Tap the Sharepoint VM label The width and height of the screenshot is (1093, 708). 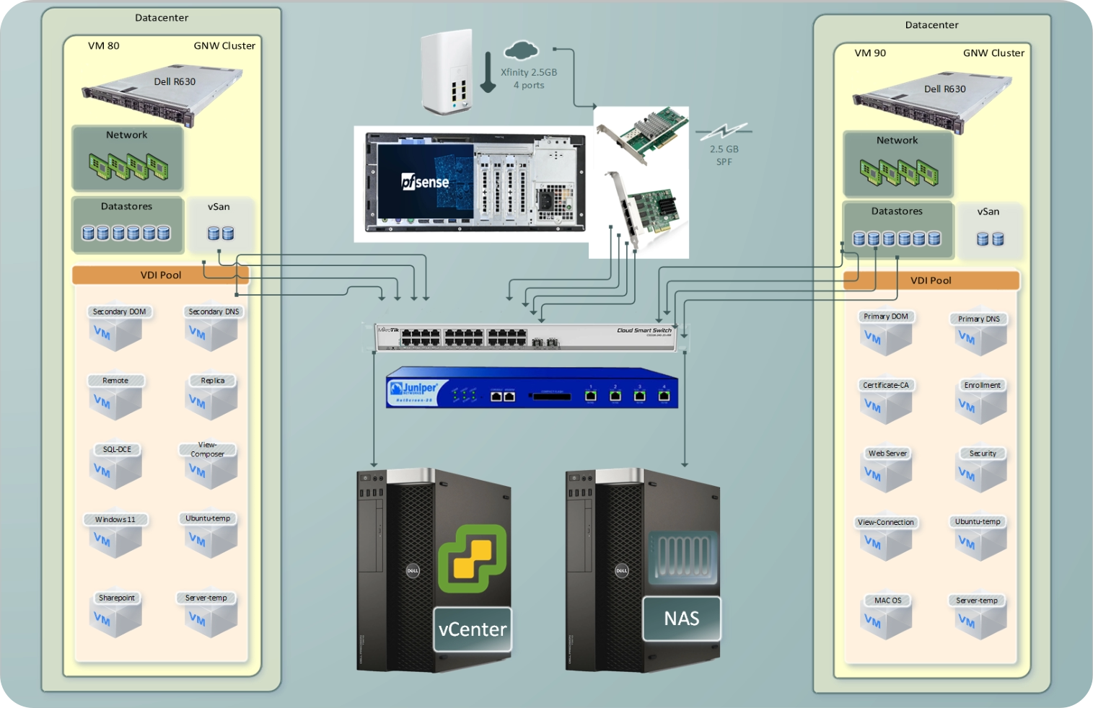116,598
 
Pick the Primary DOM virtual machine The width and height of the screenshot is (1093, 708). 886,335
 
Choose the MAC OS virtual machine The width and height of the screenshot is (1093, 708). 887,618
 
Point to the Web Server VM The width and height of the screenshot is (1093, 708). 887,472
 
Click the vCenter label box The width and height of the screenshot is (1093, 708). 473,629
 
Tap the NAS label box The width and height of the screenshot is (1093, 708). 681,619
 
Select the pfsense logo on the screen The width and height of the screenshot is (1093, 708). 425,182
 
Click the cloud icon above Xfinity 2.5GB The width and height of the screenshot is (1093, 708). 521,50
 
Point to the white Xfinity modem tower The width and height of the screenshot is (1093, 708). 447,72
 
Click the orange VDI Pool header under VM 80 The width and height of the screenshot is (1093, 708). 160,275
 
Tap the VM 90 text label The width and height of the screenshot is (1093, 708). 870,53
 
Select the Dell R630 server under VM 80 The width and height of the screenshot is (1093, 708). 162,95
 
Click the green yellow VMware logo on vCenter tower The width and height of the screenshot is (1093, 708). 473,557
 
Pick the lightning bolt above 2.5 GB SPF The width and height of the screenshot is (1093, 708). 724,131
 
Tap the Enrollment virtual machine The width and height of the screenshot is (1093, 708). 982,403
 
